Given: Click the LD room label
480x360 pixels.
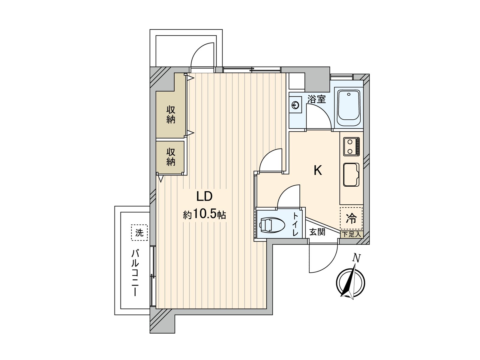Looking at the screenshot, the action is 204,196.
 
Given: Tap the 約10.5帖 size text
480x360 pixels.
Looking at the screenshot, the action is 204,215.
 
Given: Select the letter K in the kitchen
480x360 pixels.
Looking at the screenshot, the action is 317,170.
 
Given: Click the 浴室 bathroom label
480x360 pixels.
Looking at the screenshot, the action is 316,100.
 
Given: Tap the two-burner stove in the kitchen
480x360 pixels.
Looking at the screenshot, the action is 351,146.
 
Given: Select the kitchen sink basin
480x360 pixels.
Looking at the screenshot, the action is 351,174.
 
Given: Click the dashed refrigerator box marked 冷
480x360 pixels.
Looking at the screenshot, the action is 351,218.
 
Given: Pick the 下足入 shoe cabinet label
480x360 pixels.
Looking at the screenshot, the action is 351,235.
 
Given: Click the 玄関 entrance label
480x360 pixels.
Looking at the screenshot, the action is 317,232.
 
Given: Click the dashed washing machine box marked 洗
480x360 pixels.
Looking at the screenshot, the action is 139,233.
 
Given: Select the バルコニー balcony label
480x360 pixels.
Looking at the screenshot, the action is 135,273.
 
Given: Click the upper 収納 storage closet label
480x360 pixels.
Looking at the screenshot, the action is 171,115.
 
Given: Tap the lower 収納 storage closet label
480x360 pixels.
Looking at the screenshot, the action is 171,157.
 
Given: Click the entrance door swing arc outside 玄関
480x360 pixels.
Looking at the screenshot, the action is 330,265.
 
